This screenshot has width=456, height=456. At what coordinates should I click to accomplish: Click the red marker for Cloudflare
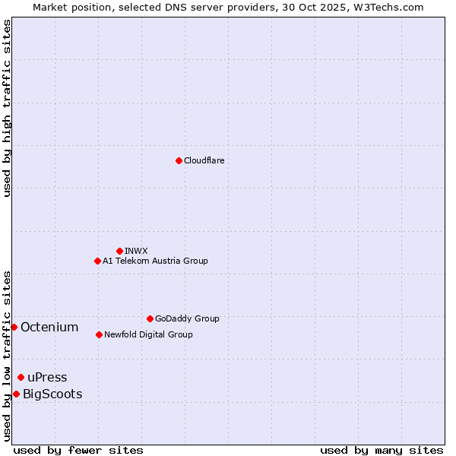(x=179, y=160)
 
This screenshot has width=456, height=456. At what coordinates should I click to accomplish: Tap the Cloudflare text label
(x=204, y=160)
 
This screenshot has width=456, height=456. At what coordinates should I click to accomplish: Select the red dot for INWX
(x=119, y=251)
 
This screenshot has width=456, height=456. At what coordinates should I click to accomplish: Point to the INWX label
(x=136, y=251)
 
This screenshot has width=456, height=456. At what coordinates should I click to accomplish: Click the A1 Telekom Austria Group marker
(x=97, y=261)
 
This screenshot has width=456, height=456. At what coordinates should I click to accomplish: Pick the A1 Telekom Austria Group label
(x=155, y=261)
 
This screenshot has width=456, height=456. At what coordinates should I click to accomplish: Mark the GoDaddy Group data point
(x=150, y=318)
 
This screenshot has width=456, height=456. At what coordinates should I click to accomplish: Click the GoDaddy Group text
(x=186, y=318)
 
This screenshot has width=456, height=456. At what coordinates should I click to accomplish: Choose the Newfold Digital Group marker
(x=99, y=334)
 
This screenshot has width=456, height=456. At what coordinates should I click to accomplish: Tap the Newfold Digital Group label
(x=148, y=334)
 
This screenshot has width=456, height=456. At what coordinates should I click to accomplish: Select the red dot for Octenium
(x=14, y=327)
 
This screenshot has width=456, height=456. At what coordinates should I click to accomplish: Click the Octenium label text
(x=49, y=328)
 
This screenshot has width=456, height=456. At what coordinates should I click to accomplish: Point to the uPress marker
(x=21, y=377)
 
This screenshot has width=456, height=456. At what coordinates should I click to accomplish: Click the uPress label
(x=47, y=378)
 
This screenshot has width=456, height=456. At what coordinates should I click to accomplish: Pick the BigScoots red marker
(x=16, y=394)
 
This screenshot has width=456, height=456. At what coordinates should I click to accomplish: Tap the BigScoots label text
(x=52, y=394)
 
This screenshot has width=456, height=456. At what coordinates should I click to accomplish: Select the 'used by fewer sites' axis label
(x=78, y=450)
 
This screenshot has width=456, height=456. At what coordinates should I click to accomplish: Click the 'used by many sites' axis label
(x=382, y=450)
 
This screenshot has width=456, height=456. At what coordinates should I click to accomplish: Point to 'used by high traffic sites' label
(x=7, y=108)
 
